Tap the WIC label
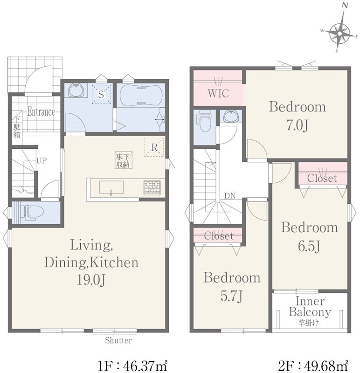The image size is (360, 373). tap(218, 93)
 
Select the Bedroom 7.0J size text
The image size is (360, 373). tap(297, 125)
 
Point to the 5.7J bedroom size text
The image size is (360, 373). tap(231, 296)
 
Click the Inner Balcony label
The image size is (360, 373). tap(310, 307)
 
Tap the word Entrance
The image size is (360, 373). tap(41, 111)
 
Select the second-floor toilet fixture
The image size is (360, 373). tap(205, 121)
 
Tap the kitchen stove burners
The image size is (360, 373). tap(152, 188)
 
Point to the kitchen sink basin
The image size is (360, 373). tap(111, 187)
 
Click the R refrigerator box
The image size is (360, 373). tap(154, 147)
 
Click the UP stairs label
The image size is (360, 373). tap(42, 161)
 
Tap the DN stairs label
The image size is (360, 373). tap(230, 196)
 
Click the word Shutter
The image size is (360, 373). tap(118, 340)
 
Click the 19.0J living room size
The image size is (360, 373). tap(91, 280)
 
